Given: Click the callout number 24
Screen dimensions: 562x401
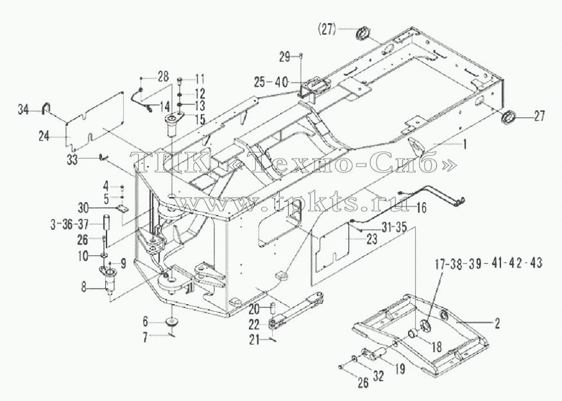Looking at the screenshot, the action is point(44,137).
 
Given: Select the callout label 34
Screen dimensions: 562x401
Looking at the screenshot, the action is point(24,110).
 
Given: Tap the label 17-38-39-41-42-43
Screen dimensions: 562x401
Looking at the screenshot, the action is point(488,264).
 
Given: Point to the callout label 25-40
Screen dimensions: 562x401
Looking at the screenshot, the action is point(274,82).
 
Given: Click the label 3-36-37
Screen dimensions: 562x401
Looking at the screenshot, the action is point(69,225).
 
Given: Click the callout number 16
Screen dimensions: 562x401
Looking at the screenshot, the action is point(422,207).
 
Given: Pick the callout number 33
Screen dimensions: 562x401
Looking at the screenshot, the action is point(72,159).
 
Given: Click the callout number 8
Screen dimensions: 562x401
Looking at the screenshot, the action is point(83,287).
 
